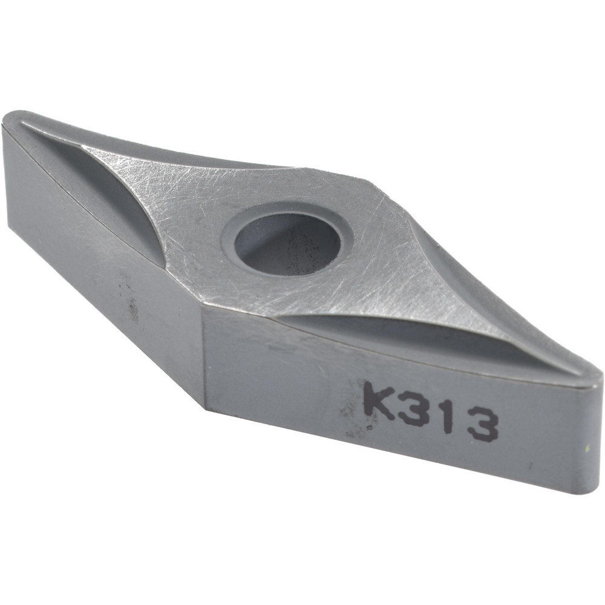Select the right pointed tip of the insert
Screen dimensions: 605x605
(x=595, y=378)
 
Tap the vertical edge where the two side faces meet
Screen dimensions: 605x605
(x=202, y=351)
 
